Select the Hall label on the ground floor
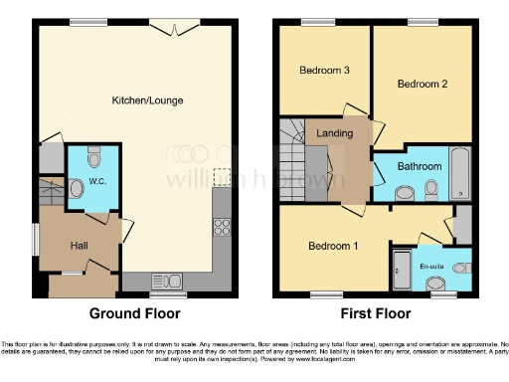80,244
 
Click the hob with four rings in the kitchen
222,227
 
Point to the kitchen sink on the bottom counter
162,281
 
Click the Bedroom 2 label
422,85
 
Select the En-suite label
430,267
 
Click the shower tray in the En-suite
402,270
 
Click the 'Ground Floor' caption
135,313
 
